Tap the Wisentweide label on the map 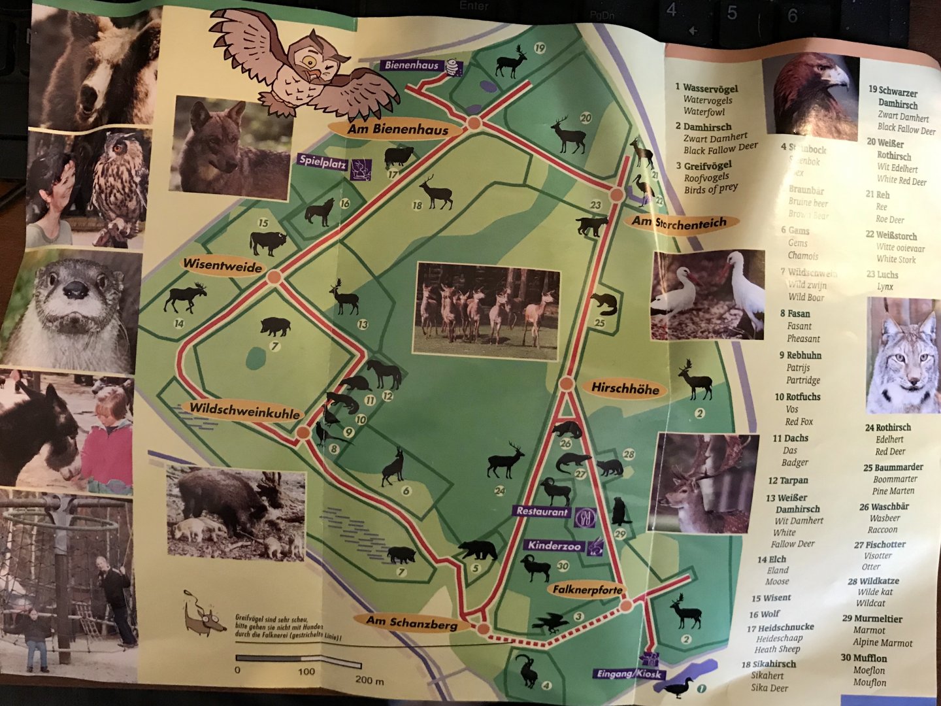coord(222,265)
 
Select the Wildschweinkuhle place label coord(244,410)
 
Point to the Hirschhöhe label coord(625,388)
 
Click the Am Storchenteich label coord(679,223)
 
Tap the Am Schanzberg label coord(411,622)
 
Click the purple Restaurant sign coord(542,512)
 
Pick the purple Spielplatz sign coord(322,161)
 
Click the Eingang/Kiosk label coord(627,674)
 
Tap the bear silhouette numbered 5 coord(478,550)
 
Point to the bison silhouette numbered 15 coord(268,243)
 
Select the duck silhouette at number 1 coord(677,686)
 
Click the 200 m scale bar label coord(369,680)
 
